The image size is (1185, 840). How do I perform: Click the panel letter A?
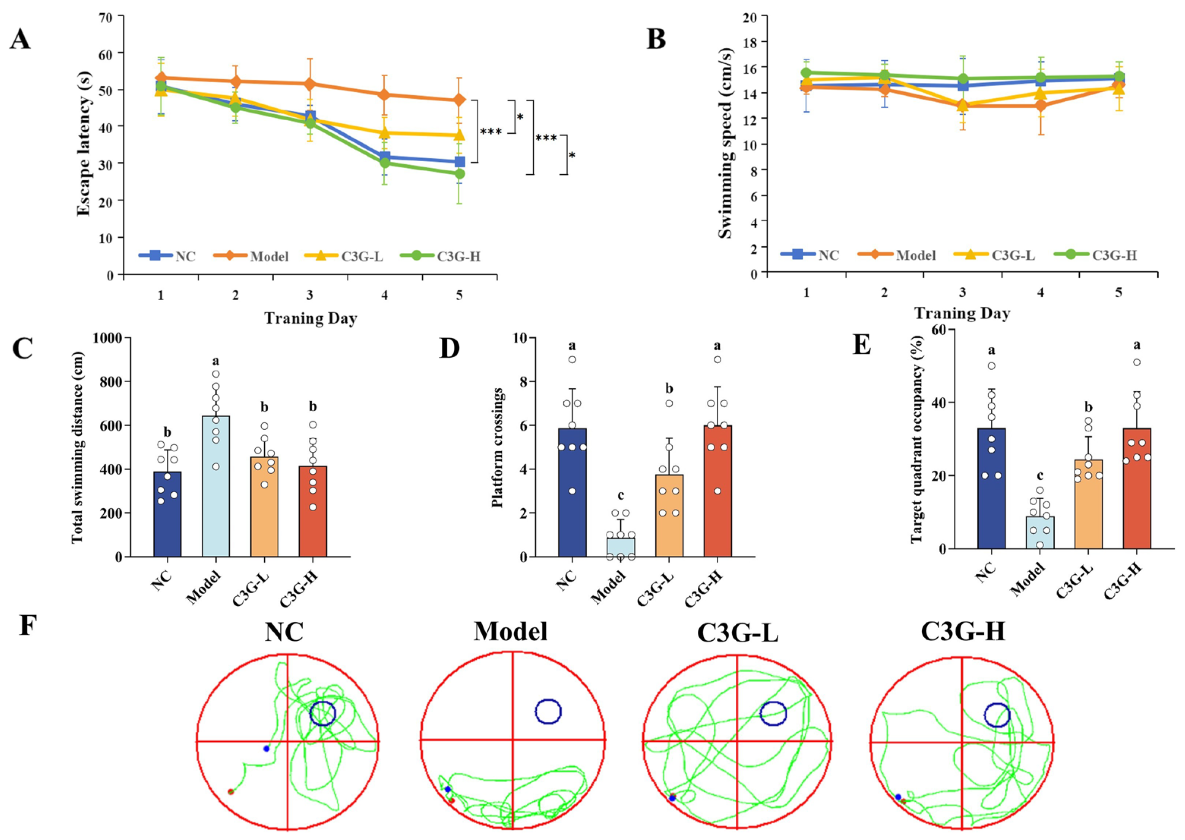21,39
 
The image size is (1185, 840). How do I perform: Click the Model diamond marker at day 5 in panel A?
459,100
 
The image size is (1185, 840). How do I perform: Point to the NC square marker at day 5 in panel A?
459,162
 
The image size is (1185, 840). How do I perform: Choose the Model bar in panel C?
216,486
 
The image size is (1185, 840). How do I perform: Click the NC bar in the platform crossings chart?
572,492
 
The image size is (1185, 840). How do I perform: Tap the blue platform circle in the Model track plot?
548,712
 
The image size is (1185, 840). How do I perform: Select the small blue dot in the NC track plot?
267,749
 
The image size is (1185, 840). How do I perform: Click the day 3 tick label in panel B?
962,293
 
